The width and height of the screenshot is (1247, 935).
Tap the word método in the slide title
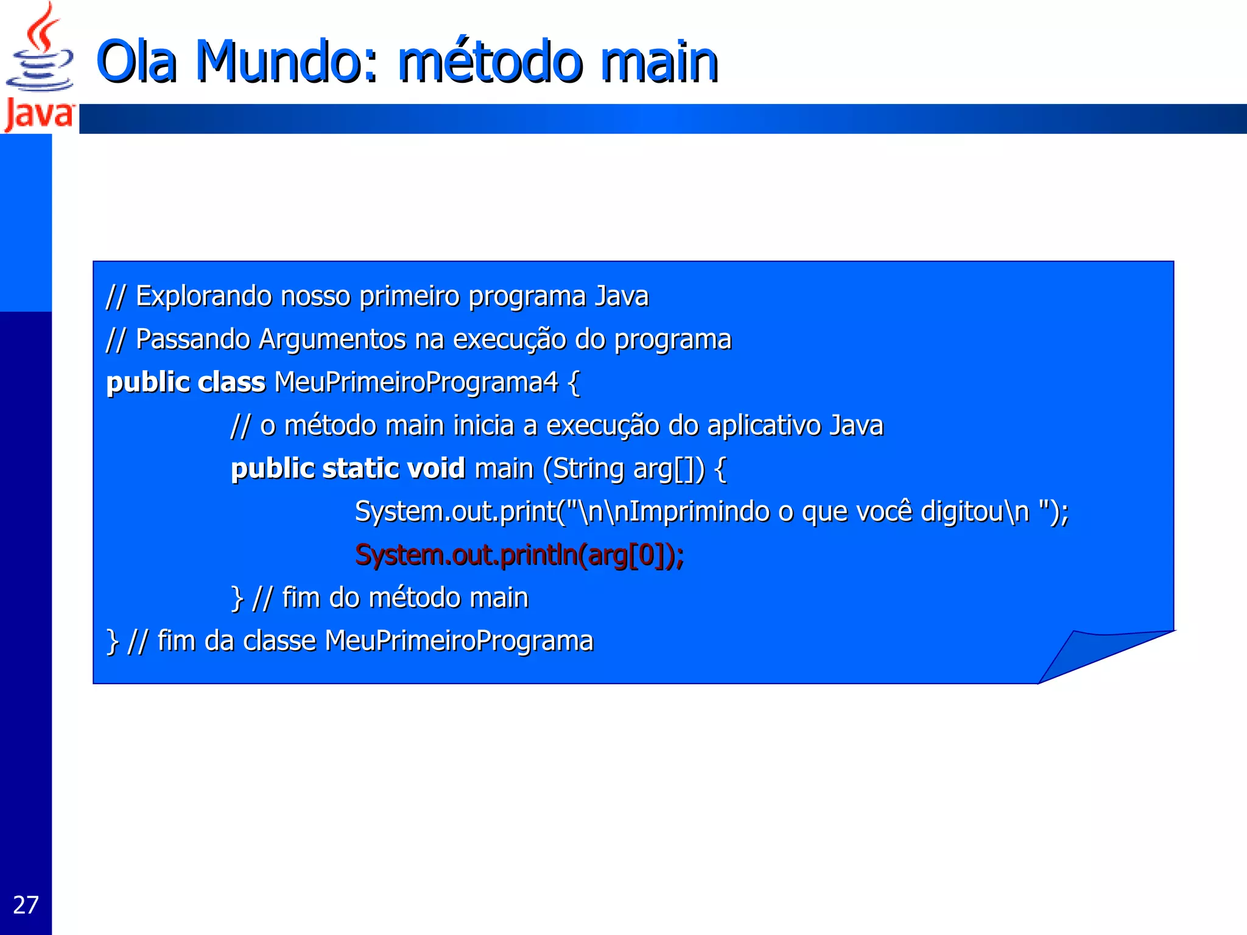tap(490, 62)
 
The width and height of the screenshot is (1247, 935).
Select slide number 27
tap(26, 905)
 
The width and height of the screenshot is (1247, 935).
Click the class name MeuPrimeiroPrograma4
tap(416, 383)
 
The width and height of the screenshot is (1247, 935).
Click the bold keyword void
tap(435, 469)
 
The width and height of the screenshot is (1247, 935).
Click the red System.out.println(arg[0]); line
tap(519, 555)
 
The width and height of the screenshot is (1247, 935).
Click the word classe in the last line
tap(279, 641)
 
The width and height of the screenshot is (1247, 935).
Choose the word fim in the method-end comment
tap(301, 598)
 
